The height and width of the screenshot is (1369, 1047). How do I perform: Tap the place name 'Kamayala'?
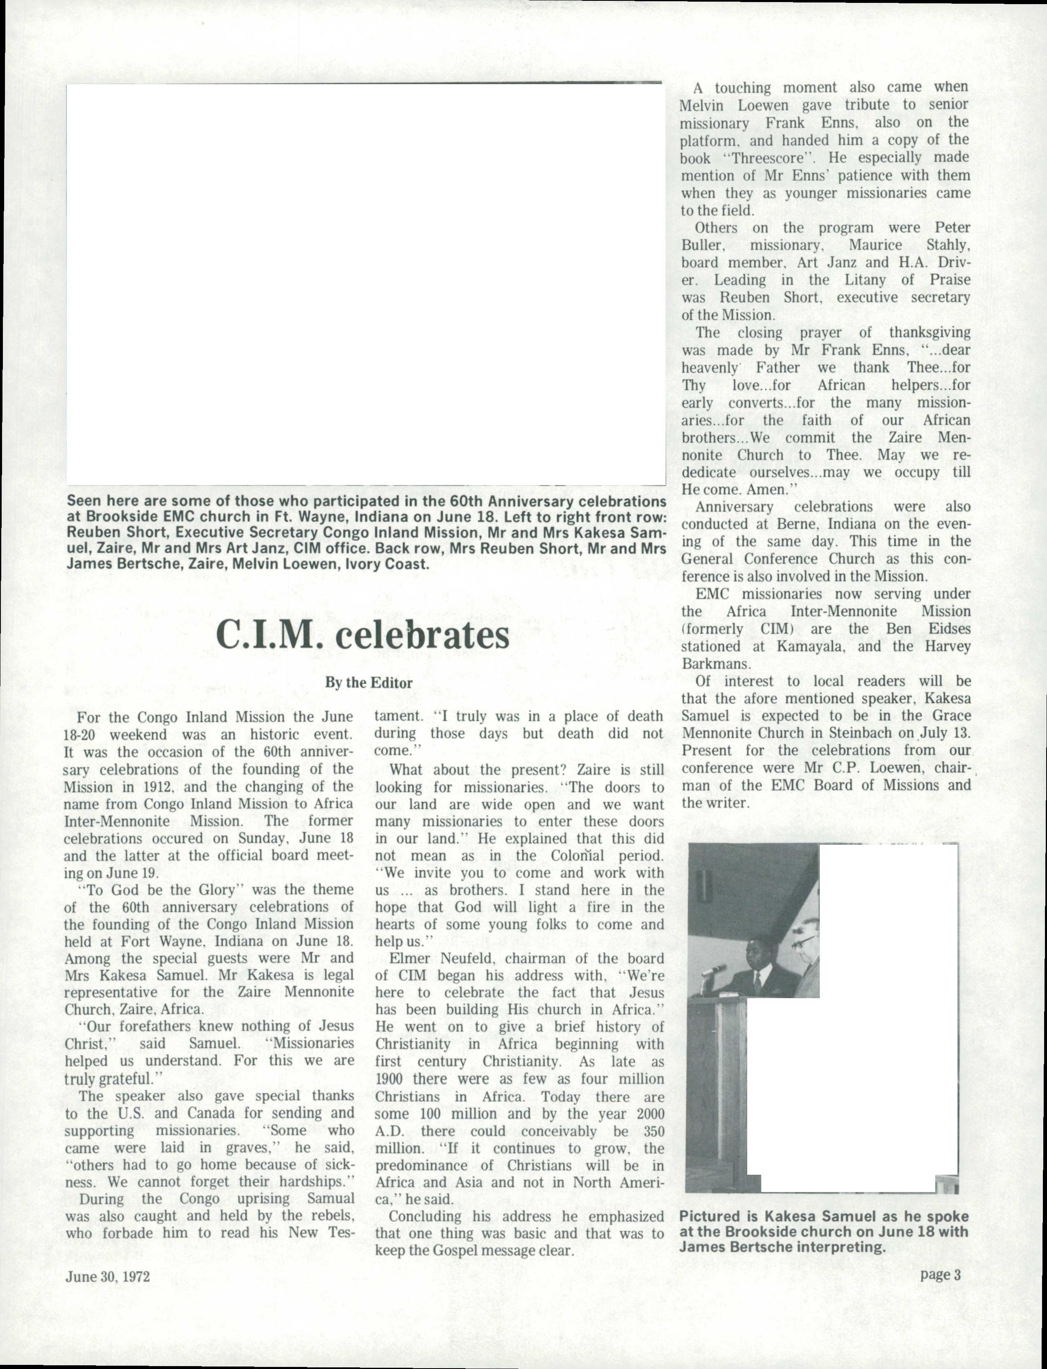809,646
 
